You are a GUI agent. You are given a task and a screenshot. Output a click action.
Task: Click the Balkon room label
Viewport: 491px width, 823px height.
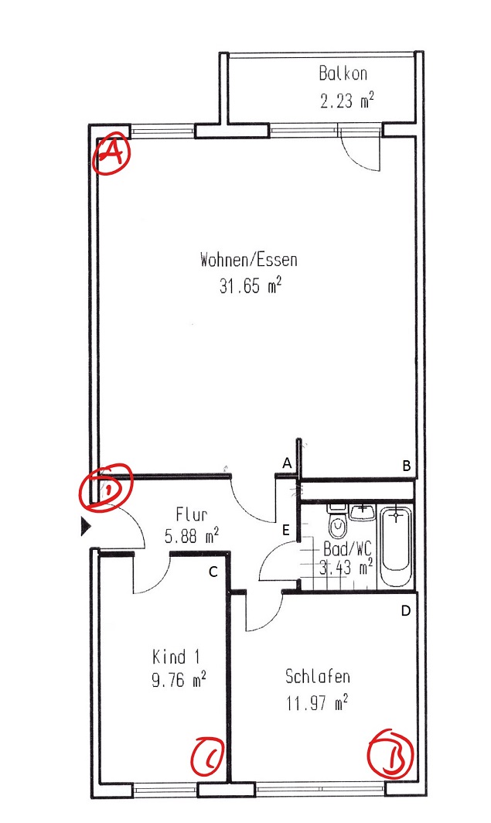pyautogui.click(x=343, y=73)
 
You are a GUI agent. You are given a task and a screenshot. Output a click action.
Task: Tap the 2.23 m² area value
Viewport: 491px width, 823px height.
pyautogui.click(x=346, y=100)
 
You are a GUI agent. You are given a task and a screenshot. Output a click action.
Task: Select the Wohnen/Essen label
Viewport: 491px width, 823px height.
pyautogui.click(x=249, y=260)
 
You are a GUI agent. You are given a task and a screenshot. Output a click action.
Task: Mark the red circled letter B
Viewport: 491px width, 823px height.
pyautogui.click(x=390, y=752)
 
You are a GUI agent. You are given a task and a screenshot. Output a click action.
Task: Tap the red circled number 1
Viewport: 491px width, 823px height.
pyautogui.click(x=106, y=487)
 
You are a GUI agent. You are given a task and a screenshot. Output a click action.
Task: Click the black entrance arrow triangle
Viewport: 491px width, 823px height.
pyautogui.click(x=86, y=527)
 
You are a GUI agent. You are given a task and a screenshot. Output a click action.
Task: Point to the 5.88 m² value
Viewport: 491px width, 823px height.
pyautogui.click(x=192, y=537)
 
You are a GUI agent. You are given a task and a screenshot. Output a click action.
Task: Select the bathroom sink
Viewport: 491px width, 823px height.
pyautogui.click(x=363, y=512)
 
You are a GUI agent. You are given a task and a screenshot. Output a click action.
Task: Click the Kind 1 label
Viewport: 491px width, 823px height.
pyautogui.click(x=176, y=657)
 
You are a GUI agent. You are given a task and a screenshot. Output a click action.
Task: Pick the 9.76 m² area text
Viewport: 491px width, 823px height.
pyautogui.click(x=179, y=680)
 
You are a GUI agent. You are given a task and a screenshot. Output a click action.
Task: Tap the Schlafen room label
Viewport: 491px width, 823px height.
pyautogui.click(x=317, y=676)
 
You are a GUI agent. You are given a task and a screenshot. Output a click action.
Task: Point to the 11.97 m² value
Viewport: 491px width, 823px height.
pyautogui.click(x=318, y=702)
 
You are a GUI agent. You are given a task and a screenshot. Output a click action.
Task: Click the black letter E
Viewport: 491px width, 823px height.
pyautogui.click(x=286, y=530)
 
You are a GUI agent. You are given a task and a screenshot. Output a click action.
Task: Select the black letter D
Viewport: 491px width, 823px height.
pyautogui.click(x=405, y=611)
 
